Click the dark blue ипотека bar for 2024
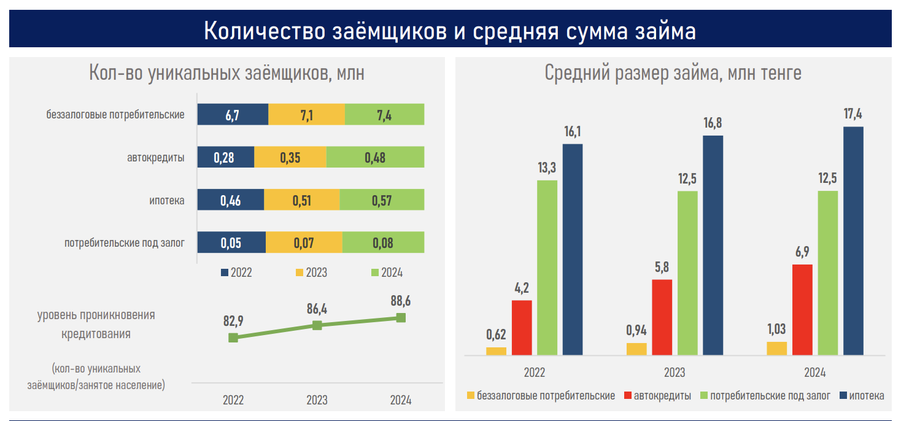pyautogui.click(x=853, y=241)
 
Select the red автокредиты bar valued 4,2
pyautogui.click(x=522, y=327)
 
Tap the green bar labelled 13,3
pyautogui.click(x=547, y=267)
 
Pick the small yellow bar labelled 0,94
pyautogui.click(x=636, y=349)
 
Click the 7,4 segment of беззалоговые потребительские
pyautogui.click(x=384, y=115)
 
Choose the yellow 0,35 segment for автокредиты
pyautogui.click(x=290, y=157)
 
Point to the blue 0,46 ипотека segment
pyautogui.click(x=230, y=200)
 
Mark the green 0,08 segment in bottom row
pyautogui.click(x=383, y=242)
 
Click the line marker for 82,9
pyautogui.click(x=233, y=338)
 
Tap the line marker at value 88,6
pyautogui.click(x=401, y=317)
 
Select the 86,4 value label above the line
pyautogui.click(x=317, y=309)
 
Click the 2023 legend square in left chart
pyautogui.click(x=300, y=272)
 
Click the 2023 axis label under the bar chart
pyautogui.click(x=675, y=373)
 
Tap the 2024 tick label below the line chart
pyautogui.click(x=401, y=400)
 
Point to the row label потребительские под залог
pyautogui.click(x=125, y=243)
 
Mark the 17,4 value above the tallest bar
pyautogui.click(x=853, y=114)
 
